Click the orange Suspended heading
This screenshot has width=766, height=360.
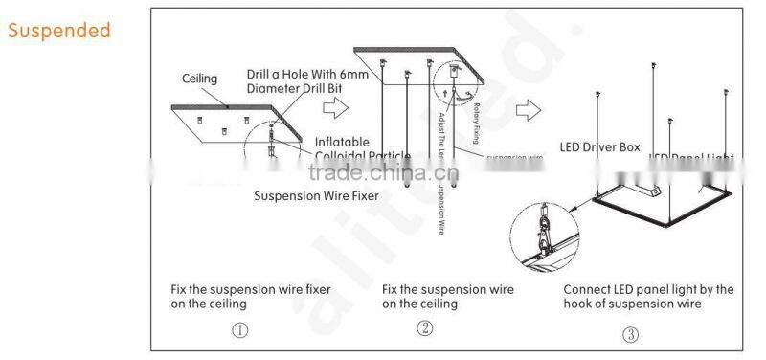coord(59,31)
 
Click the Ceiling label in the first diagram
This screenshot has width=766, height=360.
coord(201,78)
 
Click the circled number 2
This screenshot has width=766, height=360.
coord(425,327)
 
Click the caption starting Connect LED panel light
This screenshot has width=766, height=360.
coord(648,289)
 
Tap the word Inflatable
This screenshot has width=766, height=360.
coord(342,142)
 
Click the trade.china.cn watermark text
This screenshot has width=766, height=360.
coord(372,174)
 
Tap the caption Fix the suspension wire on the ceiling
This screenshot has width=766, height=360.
coord(447,296)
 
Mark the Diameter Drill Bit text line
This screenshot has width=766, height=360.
coord(294,88)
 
